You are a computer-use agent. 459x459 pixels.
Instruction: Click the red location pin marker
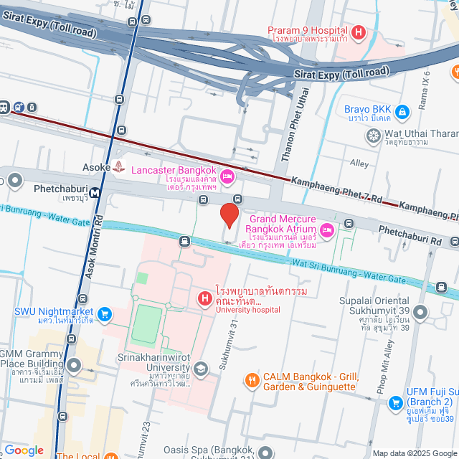(x=229, y=214)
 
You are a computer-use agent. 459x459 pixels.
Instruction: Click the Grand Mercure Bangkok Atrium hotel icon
(x=327, y=229)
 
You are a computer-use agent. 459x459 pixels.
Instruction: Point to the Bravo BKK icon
(x=402, y=112)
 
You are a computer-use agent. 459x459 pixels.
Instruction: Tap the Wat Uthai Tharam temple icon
(x=373, y=135)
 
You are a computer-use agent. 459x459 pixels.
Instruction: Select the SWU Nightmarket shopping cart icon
(x=105, y=313)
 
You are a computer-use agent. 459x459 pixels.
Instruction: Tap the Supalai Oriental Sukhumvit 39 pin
(x=420, y=312)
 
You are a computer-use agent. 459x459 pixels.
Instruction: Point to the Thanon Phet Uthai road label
(x=295, y=133)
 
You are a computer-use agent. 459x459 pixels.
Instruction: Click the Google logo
(x=24, y=450)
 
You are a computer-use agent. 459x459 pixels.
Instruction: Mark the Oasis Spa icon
(x=266, y=453)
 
